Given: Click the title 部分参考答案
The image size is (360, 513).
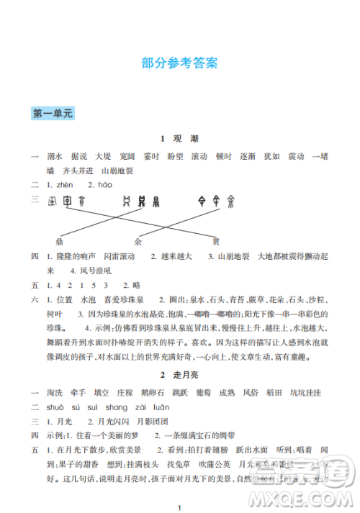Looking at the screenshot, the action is click(179, 63).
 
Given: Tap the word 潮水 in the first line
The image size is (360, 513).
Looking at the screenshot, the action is click(54, 156).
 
